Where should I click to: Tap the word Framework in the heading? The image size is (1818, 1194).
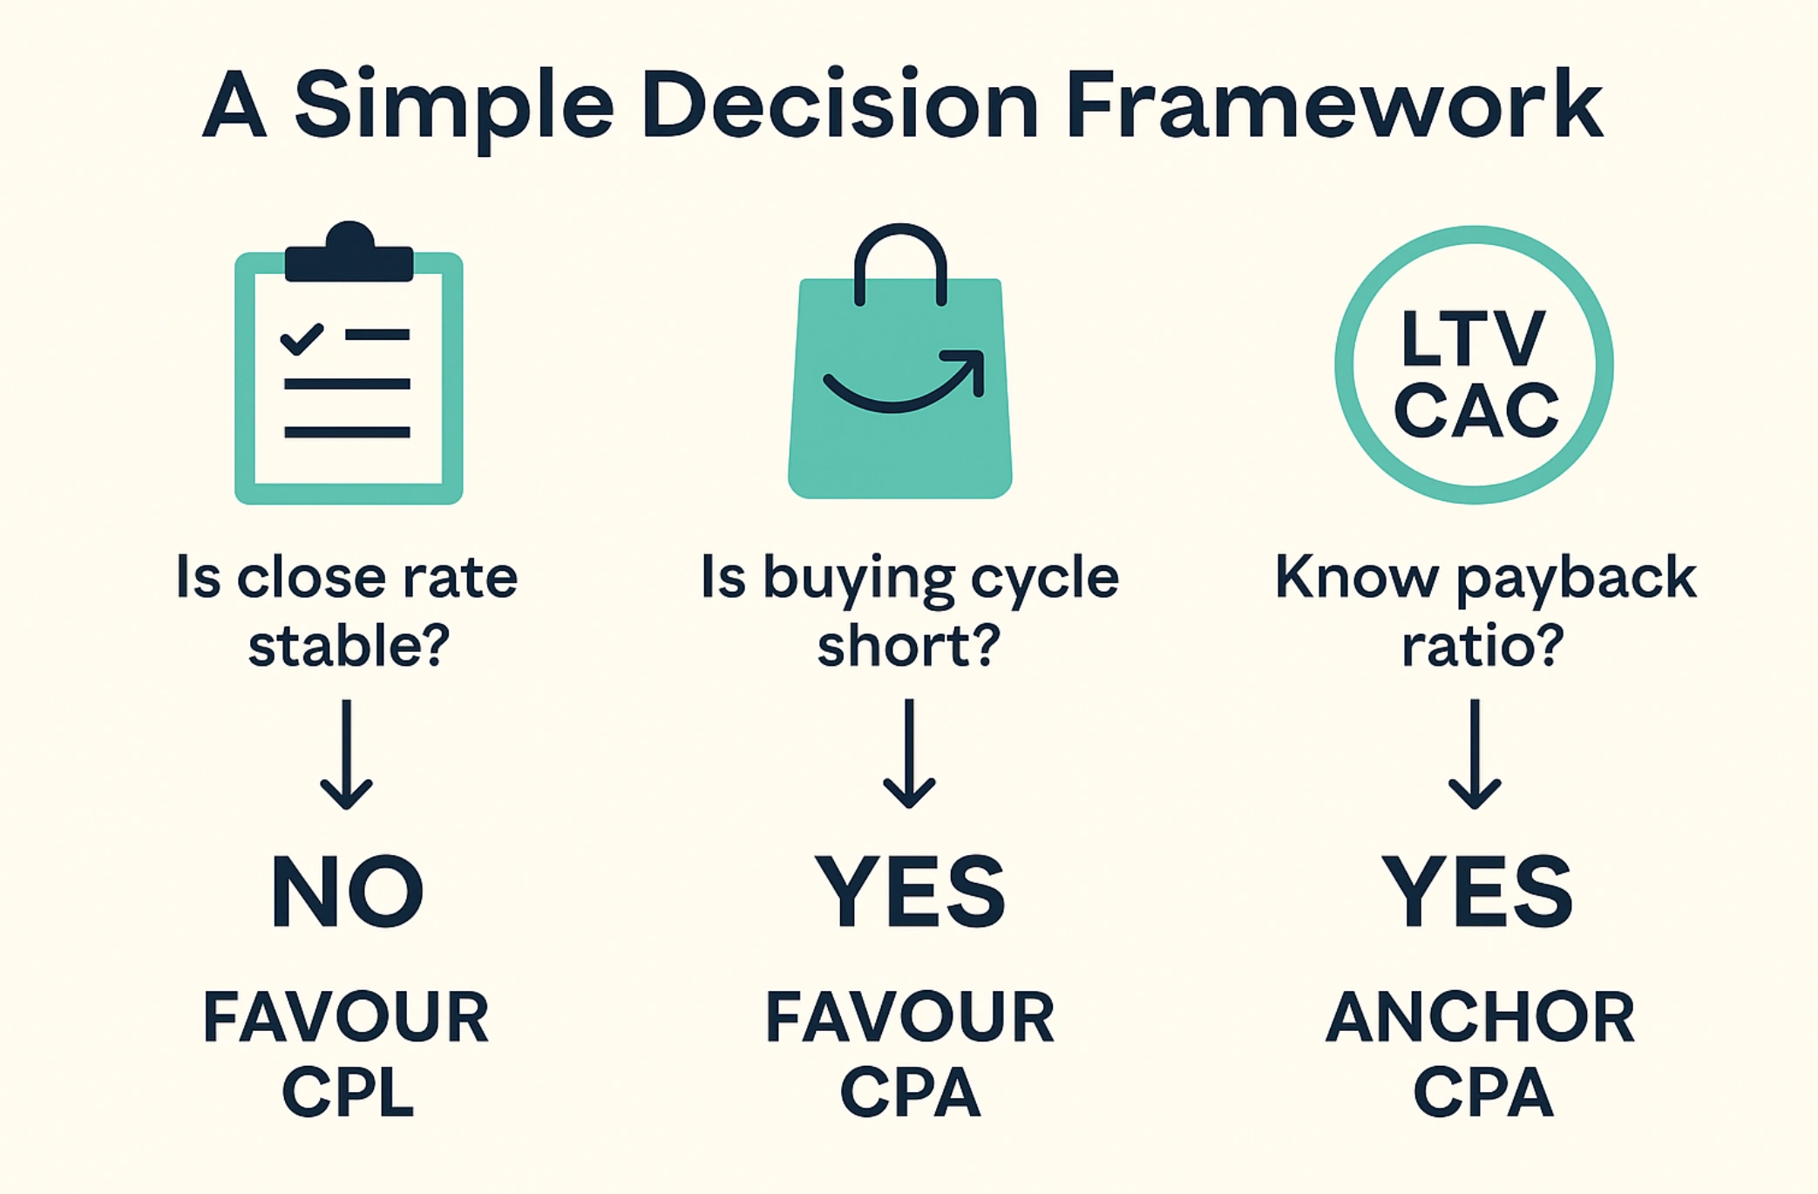pyautogui.click(x=1333, y=105)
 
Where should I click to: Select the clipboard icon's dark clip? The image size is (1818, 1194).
pyautogui.click(x=349, y=257)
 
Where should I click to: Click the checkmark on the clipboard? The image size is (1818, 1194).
pyautogui.click(x=302, y=338)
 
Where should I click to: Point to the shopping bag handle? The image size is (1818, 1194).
pyautogui.click(x=900, y=257)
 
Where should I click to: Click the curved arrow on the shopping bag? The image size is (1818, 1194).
pyautogui.click(x=906, y=383)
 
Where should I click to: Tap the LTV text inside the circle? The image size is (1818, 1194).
pyautogui.click(x=1474, y=338)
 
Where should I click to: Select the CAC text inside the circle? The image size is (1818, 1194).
pyautogui.click(x=1475, y=410)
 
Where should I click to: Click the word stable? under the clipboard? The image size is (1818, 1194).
pyautogui.click(x=349, y=647)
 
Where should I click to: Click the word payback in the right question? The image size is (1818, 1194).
pyautogui.click(x=1576, y=578)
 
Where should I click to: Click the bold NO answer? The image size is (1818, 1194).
pyautogui.click(x=348, y=891)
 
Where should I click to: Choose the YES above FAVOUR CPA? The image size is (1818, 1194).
pyautogui.click(x=910, y=891)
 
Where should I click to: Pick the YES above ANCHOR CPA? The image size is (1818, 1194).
pyautogui.click(x=1477, y=891)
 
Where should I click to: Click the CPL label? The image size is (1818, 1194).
pyautogui.click(x=348, y=1092)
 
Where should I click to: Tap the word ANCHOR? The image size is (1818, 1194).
pyautogui.click(x=1480, y=1017)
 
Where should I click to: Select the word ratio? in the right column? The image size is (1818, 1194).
pyautogui.click(x=1482, y=647)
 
